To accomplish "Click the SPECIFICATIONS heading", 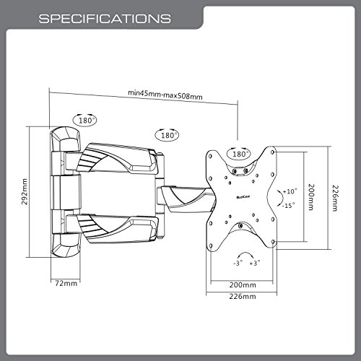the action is click(x=105, y=19).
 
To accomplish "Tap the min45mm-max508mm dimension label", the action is click(x=165, y=95).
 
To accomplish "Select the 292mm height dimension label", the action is click(x=25, y=191).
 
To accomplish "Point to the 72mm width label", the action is click(x=66, y=283).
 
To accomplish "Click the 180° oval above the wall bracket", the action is click(x=84, y=120).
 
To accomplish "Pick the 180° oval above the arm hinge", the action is click(x=167, y=135).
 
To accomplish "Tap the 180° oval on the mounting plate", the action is click(x=239, y=154).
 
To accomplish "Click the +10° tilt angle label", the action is click(x=290, y=191).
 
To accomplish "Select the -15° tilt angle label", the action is click(x=288, y=206).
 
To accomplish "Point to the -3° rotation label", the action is click(x=238, y=263).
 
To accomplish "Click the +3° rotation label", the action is click(x=255, y=263).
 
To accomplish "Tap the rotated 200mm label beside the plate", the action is click(x=312, y=197).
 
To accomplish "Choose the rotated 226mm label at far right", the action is click(x=336, y=198).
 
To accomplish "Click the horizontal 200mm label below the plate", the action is click(x=243, y=285).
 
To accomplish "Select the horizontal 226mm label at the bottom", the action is click(x=243, y=296).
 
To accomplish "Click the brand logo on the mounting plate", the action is click(x=243, y=197).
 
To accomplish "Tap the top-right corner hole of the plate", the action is click(x=272, y=152).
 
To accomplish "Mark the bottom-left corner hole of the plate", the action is click(x=211, y=245).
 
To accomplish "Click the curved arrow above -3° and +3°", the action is click(x=245, y=254).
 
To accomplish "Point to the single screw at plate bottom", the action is click(x=240, y=226).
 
